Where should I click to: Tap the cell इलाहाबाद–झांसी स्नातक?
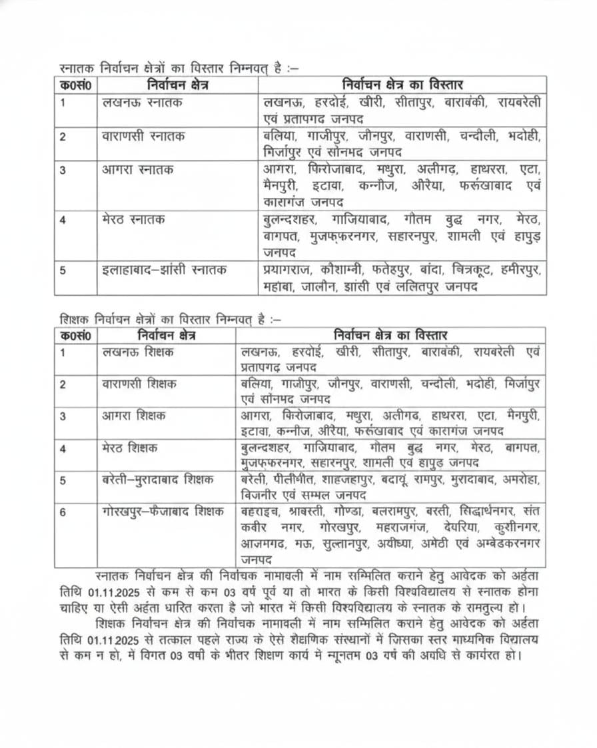point(165,270)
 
